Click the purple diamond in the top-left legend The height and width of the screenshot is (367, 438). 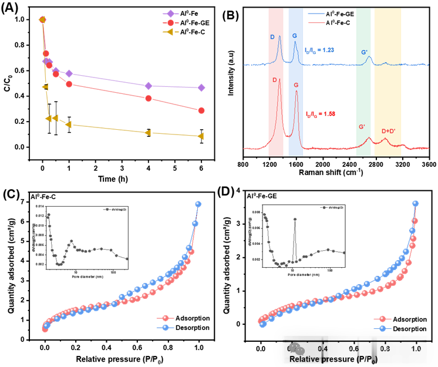[x=170, y=14]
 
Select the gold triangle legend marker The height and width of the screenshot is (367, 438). [x=170, y=32]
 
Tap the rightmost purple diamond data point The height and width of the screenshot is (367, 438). [x=201, y=87]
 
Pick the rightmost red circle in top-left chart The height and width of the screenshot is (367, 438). [x=201, y=110]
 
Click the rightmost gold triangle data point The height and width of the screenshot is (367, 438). [x=201, y=136]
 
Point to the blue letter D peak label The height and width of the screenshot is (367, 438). [x=272, y=37]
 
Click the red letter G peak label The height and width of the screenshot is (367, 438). [x=296, y=85]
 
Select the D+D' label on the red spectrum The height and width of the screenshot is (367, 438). [x=389, y=131]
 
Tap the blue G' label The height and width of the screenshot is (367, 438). [x=365, y=52]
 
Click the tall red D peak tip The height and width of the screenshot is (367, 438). [x=279, y=79]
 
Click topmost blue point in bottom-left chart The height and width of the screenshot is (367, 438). [x=198, y=204]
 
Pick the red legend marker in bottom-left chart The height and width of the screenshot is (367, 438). [x=165, y=318]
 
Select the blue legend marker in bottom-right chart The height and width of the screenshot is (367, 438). [x=382, y=328]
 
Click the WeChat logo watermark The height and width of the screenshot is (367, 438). [x=297, y=349]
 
